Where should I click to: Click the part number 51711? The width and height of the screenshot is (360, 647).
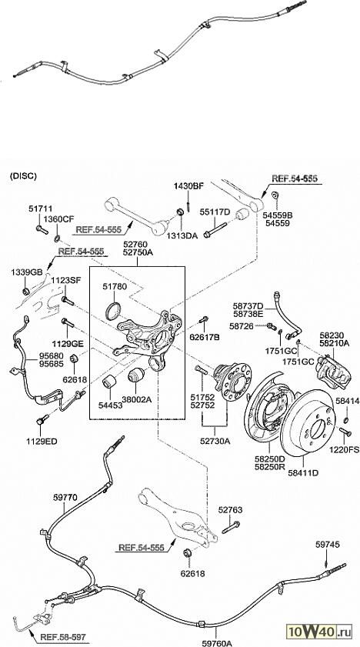click(x=41, y=208)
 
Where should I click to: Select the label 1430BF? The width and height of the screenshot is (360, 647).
click(x=188, y=186)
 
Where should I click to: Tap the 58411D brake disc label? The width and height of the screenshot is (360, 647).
click(x=303, y=473)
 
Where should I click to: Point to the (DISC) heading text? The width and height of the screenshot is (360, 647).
click(x=23, y=175)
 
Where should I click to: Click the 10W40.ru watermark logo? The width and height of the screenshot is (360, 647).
click(x=319, y=631)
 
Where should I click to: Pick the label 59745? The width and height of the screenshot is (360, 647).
click(x=328, y=545)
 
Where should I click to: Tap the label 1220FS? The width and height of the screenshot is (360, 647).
click(x=345, y=450)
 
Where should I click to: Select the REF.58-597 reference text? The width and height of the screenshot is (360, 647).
click(x=62, y=638)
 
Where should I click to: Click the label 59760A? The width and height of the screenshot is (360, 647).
click(x=218, y=643)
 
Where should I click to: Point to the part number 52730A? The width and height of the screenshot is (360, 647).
click(x=215, y=441)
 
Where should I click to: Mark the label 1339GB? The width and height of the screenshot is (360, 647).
click(x=27, y=272)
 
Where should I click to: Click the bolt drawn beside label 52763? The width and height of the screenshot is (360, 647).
click(x=231, y=527)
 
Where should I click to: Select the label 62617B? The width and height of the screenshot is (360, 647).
click(x=204, y=337)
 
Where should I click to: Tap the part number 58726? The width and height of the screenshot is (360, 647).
click(x=242, y=326)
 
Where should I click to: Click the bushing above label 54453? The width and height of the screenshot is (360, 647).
click(x=110, y=382)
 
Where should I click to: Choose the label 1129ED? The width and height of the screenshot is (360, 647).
click(x=42, y=441)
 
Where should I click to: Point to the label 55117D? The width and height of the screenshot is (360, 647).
click(x=215, y=212)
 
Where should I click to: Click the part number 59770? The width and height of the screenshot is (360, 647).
click(x=65, y=498)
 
